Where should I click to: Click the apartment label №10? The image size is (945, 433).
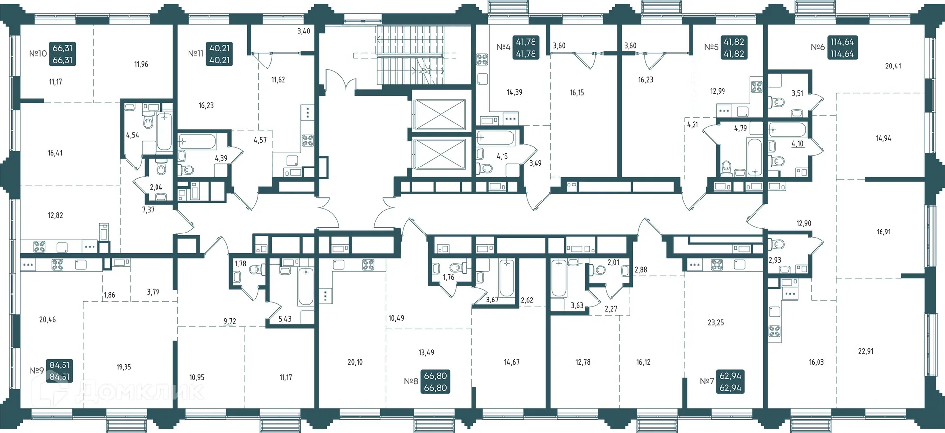coord(38,54)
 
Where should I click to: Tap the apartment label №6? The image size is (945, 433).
coord(818,47)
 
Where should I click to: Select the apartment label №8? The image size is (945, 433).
coord(411,381)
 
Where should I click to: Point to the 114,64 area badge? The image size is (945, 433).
coord(842,48)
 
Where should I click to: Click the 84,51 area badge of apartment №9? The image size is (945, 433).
coord(60,371)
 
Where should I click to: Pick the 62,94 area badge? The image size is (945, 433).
coord(730,382)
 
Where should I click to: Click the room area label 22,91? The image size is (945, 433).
coord(866,352)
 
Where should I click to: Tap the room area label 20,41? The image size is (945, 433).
coord(893,66)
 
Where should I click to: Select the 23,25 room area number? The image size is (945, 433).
coord(716,323)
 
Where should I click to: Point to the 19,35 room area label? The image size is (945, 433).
coord(124,367)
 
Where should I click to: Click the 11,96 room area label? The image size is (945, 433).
coord(141,64)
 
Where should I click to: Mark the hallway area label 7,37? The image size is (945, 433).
coord(148,210)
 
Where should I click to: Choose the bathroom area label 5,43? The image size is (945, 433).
coord(285,319)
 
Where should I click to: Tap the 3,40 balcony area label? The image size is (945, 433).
coord(304,31)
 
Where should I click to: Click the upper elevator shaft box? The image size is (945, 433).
coord(439,114)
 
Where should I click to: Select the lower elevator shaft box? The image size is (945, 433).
coord(439,154)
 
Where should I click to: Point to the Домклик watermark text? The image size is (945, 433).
coord(140,392)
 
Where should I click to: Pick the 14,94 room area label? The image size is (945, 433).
coord(883,139)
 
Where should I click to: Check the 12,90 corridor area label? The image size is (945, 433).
coord(804,224)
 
